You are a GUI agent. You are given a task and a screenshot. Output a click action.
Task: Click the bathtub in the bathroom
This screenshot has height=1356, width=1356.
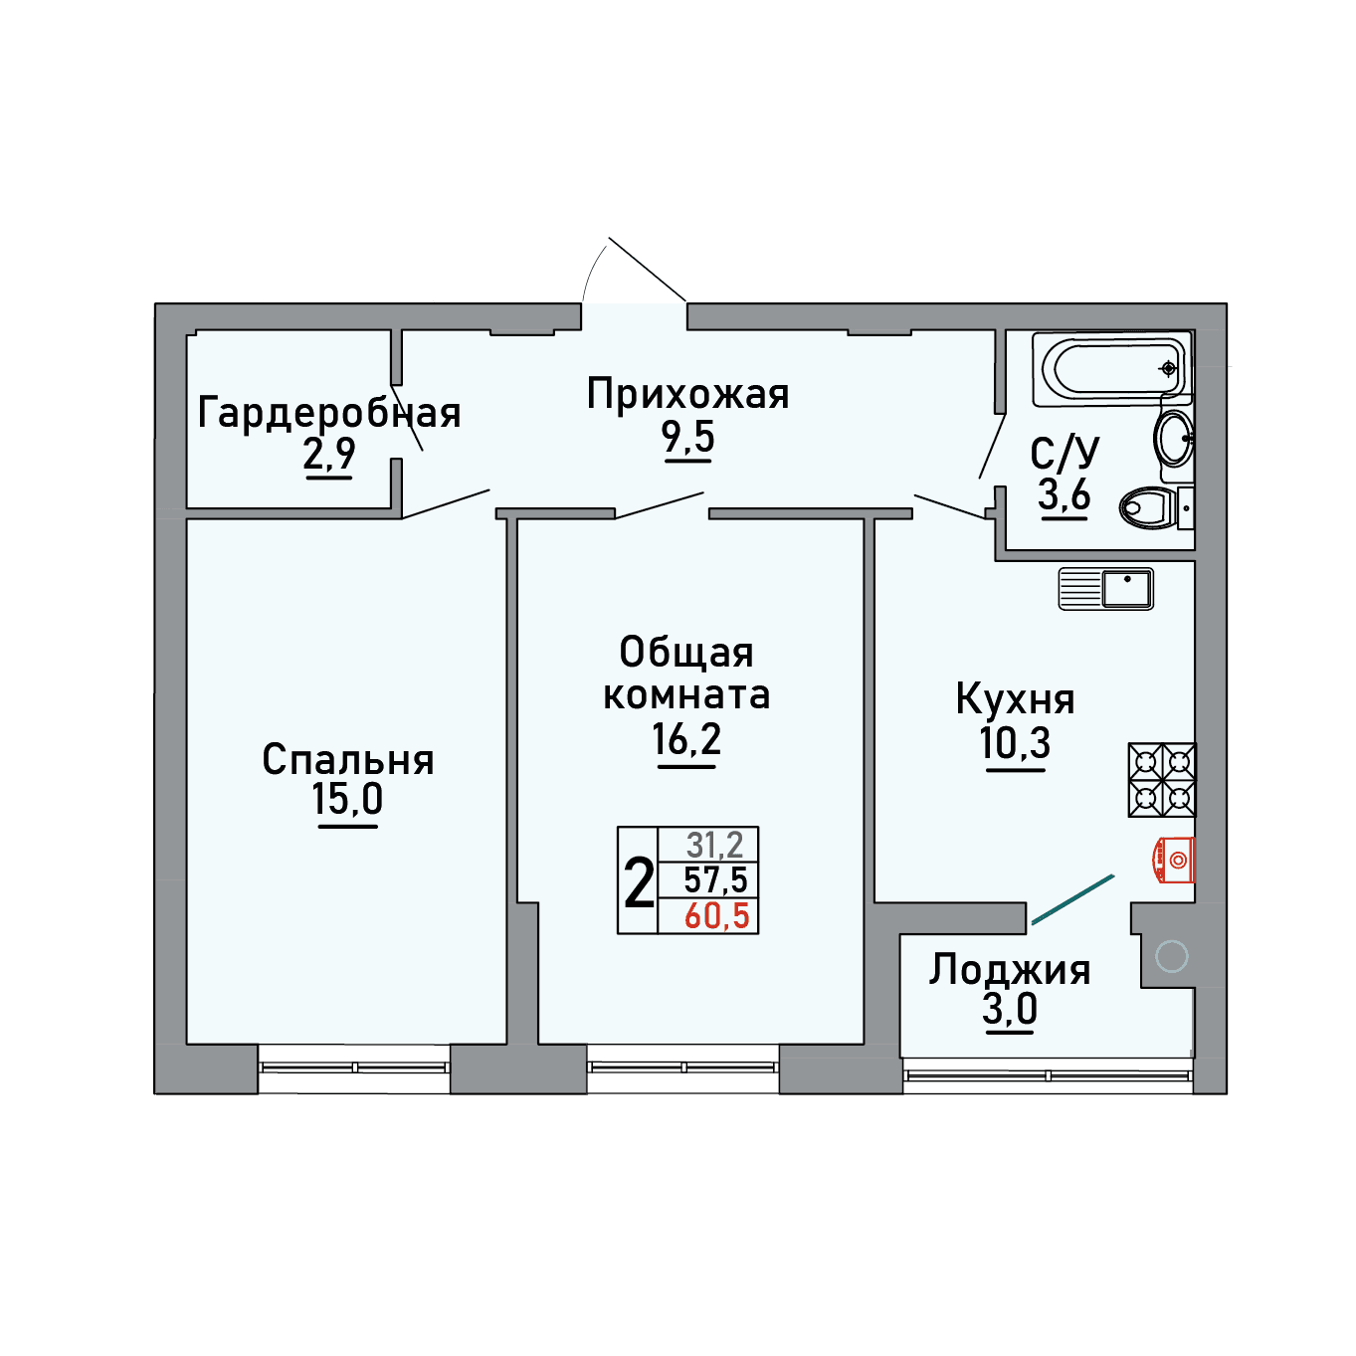tap(1112, 368)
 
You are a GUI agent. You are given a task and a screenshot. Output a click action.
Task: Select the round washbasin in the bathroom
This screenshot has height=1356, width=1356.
tap(1174, 439)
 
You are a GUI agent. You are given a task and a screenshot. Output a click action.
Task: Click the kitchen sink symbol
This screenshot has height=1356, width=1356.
tap(1106, 588)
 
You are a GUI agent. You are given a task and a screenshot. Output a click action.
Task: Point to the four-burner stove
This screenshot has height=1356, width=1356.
tap(1162, 780)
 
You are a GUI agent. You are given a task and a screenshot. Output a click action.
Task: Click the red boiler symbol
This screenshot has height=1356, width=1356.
tap(1174, 860)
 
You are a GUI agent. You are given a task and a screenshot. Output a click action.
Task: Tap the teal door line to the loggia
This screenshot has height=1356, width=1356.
tap(1072, 899)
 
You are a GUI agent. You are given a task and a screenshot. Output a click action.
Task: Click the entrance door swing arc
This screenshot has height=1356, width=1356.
tap(593, 271)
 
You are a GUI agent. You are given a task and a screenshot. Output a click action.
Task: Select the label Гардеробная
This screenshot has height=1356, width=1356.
tap(329, 413)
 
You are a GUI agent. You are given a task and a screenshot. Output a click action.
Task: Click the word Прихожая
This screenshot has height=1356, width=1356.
tap(688, 394)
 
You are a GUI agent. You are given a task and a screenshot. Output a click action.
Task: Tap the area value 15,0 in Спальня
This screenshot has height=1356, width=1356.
tap(347, 799)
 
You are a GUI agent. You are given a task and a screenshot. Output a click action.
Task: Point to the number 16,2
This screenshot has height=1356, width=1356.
tap(686, 739)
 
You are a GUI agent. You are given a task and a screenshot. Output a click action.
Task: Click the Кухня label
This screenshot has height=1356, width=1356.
tap(1016, 700)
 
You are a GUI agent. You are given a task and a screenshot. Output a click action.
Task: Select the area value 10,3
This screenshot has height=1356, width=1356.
tap(1016, 743)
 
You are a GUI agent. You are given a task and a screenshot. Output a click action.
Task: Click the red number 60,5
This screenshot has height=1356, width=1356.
tap(717, 916)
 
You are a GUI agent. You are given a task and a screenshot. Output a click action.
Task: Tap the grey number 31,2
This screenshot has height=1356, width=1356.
tap(715, 844)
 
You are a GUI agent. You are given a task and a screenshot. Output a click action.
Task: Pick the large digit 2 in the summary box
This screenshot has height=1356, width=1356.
tap(639, 884)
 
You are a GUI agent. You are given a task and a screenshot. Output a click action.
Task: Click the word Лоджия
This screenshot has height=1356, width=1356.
tap(1010, 971)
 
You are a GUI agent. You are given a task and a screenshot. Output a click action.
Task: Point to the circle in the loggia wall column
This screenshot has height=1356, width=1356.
tap(1172, 957)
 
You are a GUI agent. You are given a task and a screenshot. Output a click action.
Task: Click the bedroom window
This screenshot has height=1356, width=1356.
tap(354, 1067)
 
